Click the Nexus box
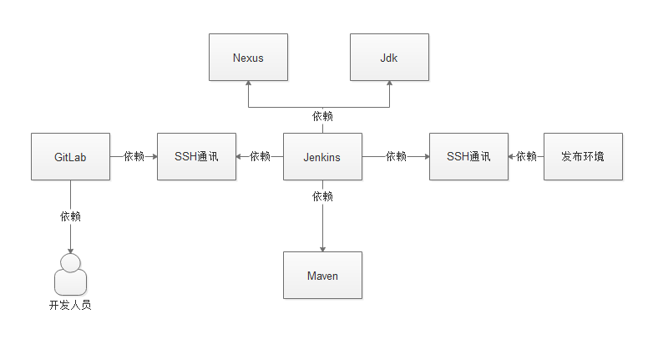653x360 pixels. tap(248, 58)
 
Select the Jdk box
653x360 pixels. tap(389, 58)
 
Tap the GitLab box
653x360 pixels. tap(70, 156)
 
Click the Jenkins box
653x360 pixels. tap(322, 156)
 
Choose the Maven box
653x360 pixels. tap(322, 275)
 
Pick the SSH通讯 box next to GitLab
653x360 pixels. tap(196, 156)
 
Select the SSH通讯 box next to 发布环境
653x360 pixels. tap(468, 156)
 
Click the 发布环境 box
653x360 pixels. tap(583, 156)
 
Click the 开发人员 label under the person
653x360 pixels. tap(70, 306)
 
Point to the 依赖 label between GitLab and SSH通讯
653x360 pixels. tap(134, 156)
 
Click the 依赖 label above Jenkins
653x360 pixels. tap(322, 116)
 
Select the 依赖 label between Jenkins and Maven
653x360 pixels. tap(322, 196)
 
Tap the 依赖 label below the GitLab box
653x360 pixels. tap(70, 216)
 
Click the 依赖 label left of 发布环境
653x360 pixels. tap(526, 156)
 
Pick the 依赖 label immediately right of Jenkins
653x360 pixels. tap(396, 156)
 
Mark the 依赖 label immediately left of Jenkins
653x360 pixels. tap(260, 156)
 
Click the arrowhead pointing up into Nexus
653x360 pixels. tap(248, 85)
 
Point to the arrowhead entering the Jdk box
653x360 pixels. tap(389, 85)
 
